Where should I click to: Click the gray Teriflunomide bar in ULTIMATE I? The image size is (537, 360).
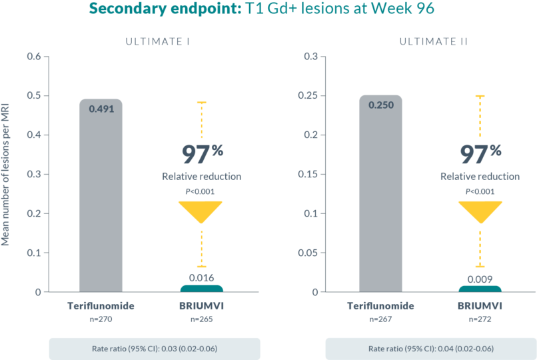(101, 200)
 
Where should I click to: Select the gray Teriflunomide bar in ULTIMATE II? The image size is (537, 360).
(380, 200)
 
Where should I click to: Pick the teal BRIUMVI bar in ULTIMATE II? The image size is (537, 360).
(480, 289)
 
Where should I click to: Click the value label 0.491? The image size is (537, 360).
(101, 108)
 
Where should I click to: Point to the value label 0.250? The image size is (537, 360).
(380, 105)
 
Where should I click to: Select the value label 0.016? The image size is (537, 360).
(201, 278)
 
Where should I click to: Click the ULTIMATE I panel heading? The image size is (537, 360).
(158, 41)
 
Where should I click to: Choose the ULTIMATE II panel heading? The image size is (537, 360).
(434, 41)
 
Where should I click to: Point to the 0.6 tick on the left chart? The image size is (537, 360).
(33, 57)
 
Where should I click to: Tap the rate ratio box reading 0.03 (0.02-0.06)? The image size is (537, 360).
(154, 349)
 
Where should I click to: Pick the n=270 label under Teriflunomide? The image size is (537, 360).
(101, 321)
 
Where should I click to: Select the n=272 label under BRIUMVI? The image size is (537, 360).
(480, 321)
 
